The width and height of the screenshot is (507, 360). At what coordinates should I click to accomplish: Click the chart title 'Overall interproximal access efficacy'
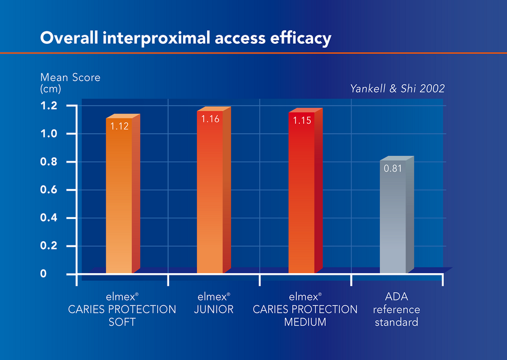tap(185, 38)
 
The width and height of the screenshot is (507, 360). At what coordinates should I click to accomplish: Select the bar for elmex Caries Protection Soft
tap(119, 198)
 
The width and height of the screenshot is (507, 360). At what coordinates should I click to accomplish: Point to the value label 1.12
tap(119, 126)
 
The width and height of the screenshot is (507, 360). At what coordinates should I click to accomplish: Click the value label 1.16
tap(211, 119)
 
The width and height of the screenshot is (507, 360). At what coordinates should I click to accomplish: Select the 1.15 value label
tap(302, 121)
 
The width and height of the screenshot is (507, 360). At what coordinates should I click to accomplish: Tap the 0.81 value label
tap(392, 168)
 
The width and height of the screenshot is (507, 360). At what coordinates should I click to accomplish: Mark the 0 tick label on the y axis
tap(43, 274)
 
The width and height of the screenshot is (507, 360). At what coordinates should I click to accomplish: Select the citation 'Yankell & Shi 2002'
tap(397, 89)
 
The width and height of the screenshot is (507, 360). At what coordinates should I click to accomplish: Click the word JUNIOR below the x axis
tap(214, 310)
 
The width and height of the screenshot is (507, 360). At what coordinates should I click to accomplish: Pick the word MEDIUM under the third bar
tap(305, 322)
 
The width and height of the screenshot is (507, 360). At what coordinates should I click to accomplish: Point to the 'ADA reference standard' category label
tap(397, 310)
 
